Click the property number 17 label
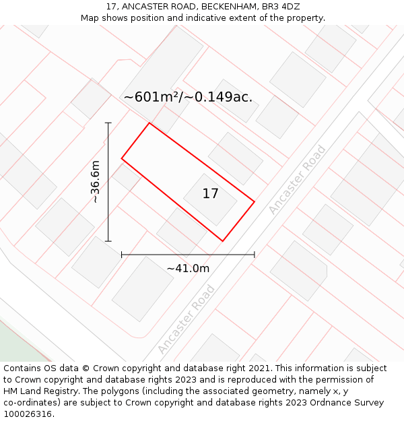pyautogui.click(x=210, y=194)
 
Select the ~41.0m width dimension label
pyautogui.click(x=188, y=268)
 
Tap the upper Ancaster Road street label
pyautogui.click(x=297, y=180)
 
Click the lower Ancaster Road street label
pyautogui.click(x=187, y=319)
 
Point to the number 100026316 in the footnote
pyautogui.click(x=26, y=414)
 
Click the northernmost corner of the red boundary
pyautogui.click(x=149, y=123)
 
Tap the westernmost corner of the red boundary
pyautogui.click(x=122, y=159)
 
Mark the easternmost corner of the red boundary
pyautogui.click(x=254, y=201)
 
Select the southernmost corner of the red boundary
pyautogui.click(x=222, y=240)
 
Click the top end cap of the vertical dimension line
pyautogui.click(x=108, y=123)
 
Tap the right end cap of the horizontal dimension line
pyautogui.click(x=254, y=255)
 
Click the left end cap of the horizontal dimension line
pyautogui.click(x=122, y=255)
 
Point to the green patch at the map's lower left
pyautogui.click(x=17, y=344)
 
